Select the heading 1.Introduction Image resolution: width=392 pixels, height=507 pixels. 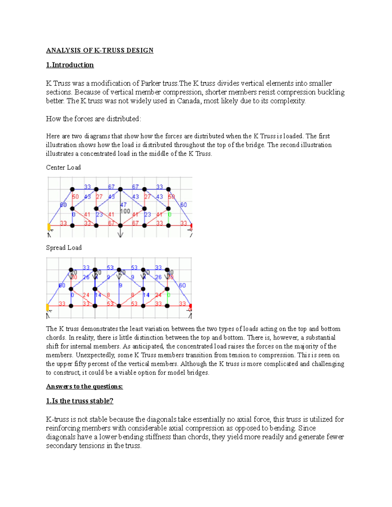pos(70,65)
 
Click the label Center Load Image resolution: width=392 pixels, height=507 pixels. pos(63,167)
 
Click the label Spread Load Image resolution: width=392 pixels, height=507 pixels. pos(64,248)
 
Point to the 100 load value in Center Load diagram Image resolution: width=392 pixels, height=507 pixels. pos(125,211)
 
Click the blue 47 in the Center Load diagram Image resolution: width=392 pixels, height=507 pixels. pos(123,205)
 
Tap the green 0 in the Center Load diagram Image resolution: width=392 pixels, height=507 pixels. pos(170,214)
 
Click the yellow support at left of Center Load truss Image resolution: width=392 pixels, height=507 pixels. pos(49,226)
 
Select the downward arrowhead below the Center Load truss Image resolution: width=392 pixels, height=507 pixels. pos(121,235)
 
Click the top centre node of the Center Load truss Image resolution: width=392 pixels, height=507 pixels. pos(120,189)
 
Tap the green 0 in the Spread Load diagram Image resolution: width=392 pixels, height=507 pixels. pos(169,295)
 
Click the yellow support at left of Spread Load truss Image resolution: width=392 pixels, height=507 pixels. pos(48,307)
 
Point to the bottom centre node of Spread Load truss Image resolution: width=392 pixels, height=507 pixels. pos(119,306)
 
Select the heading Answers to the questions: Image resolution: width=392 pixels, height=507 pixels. pos(84,387)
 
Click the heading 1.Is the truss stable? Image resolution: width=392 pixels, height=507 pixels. pos(80,401)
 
